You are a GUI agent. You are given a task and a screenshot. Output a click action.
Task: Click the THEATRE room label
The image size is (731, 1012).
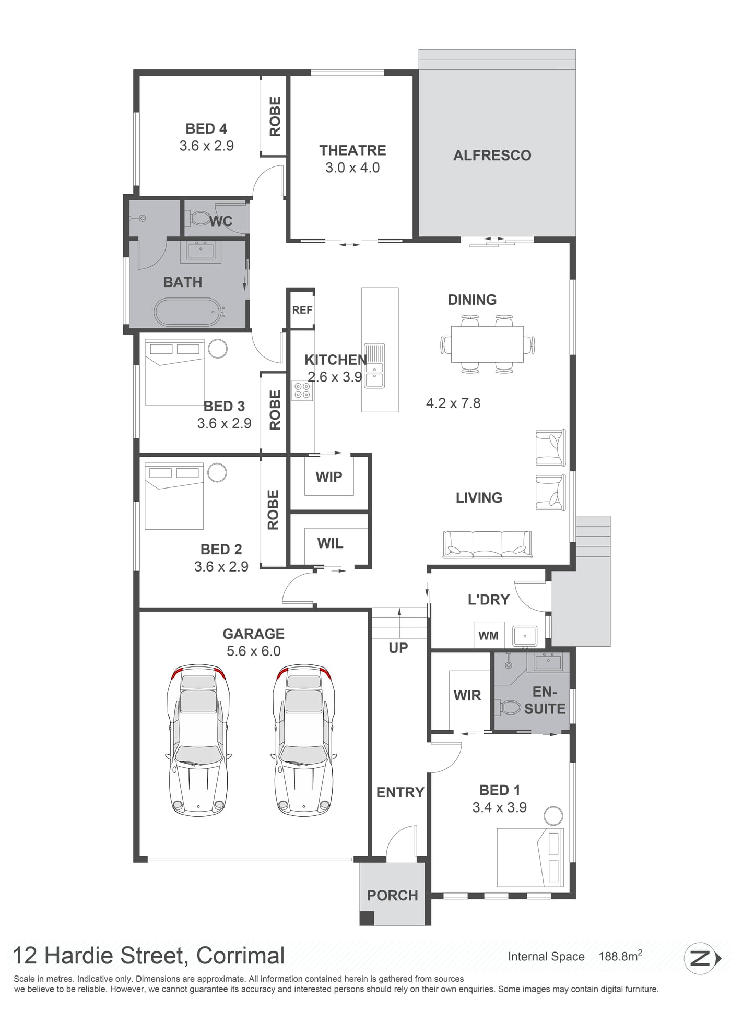[x=352, y=150]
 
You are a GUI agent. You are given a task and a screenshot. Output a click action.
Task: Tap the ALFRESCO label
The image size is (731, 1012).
[x=492, y=156]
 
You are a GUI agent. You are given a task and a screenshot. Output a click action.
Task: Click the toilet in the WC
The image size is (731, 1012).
[x=199, y=218]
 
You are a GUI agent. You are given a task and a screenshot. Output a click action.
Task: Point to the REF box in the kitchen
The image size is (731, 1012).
[x=302, y=310]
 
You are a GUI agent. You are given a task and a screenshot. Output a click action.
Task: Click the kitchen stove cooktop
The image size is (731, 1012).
[x=302, y=390]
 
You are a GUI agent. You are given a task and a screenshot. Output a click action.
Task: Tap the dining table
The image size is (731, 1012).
[x=487, y=344]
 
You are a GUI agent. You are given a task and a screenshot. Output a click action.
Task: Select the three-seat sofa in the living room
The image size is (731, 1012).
[x=487, y=544]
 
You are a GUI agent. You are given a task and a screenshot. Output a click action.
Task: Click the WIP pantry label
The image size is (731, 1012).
[x=329, y=477]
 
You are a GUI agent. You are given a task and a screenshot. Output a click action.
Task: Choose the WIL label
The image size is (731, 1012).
[x=330, y=543]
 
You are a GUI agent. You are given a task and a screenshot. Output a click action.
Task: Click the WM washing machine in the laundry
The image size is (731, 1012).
[x=489, y=635]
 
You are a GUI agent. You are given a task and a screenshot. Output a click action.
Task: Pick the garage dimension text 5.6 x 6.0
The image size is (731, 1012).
[x=254, y=651]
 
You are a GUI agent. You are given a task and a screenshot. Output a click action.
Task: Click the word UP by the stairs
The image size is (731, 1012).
[x=398, y=648]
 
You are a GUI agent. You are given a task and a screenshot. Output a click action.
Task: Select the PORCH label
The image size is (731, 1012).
[x=393, y=896]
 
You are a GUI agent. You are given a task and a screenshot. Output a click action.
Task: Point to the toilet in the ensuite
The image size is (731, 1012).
[x=510, y=708]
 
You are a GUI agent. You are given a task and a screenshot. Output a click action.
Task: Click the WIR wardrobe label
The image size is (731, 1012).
[x=467, y=695]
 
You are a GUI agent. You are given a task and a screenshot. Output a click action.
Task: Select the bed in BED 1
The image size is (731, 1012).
[x=530, y=857]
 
